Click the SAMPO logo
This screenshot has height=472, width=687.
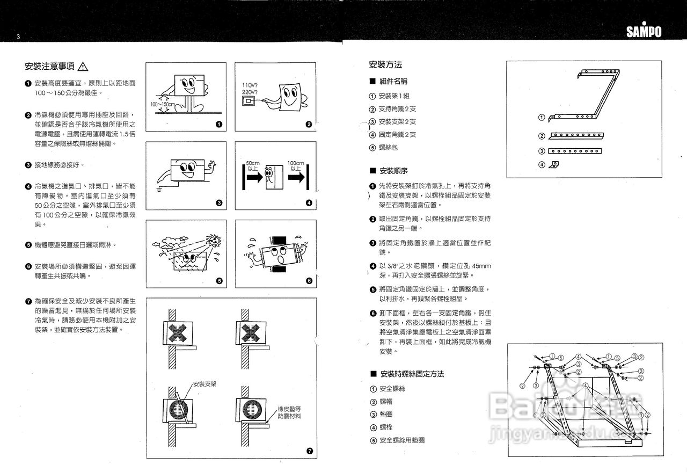644,32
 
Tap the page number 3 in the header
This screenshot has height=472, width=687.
18,37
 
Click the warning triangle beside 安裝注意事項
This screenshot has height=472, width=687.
83,67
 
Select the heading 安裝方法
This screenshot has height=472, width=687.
385,65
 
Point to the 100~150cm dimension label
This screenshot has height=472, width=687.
163,104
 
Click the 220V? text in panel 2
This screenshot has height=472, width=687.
250,92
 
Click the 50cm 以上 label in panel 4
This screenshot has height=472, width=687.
252,165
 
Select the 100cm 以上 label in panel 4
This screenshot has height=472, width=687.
296,165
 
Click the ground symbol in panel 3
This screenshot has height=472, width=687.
159,190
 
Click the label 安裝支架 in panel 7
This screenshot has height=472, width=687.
204,384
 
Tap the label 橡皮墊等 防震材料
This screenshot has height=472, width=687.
289,412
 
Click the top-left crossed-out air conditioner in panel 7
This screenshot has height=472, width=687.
176,333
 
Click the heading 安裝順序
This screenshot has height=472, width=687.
393,171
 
